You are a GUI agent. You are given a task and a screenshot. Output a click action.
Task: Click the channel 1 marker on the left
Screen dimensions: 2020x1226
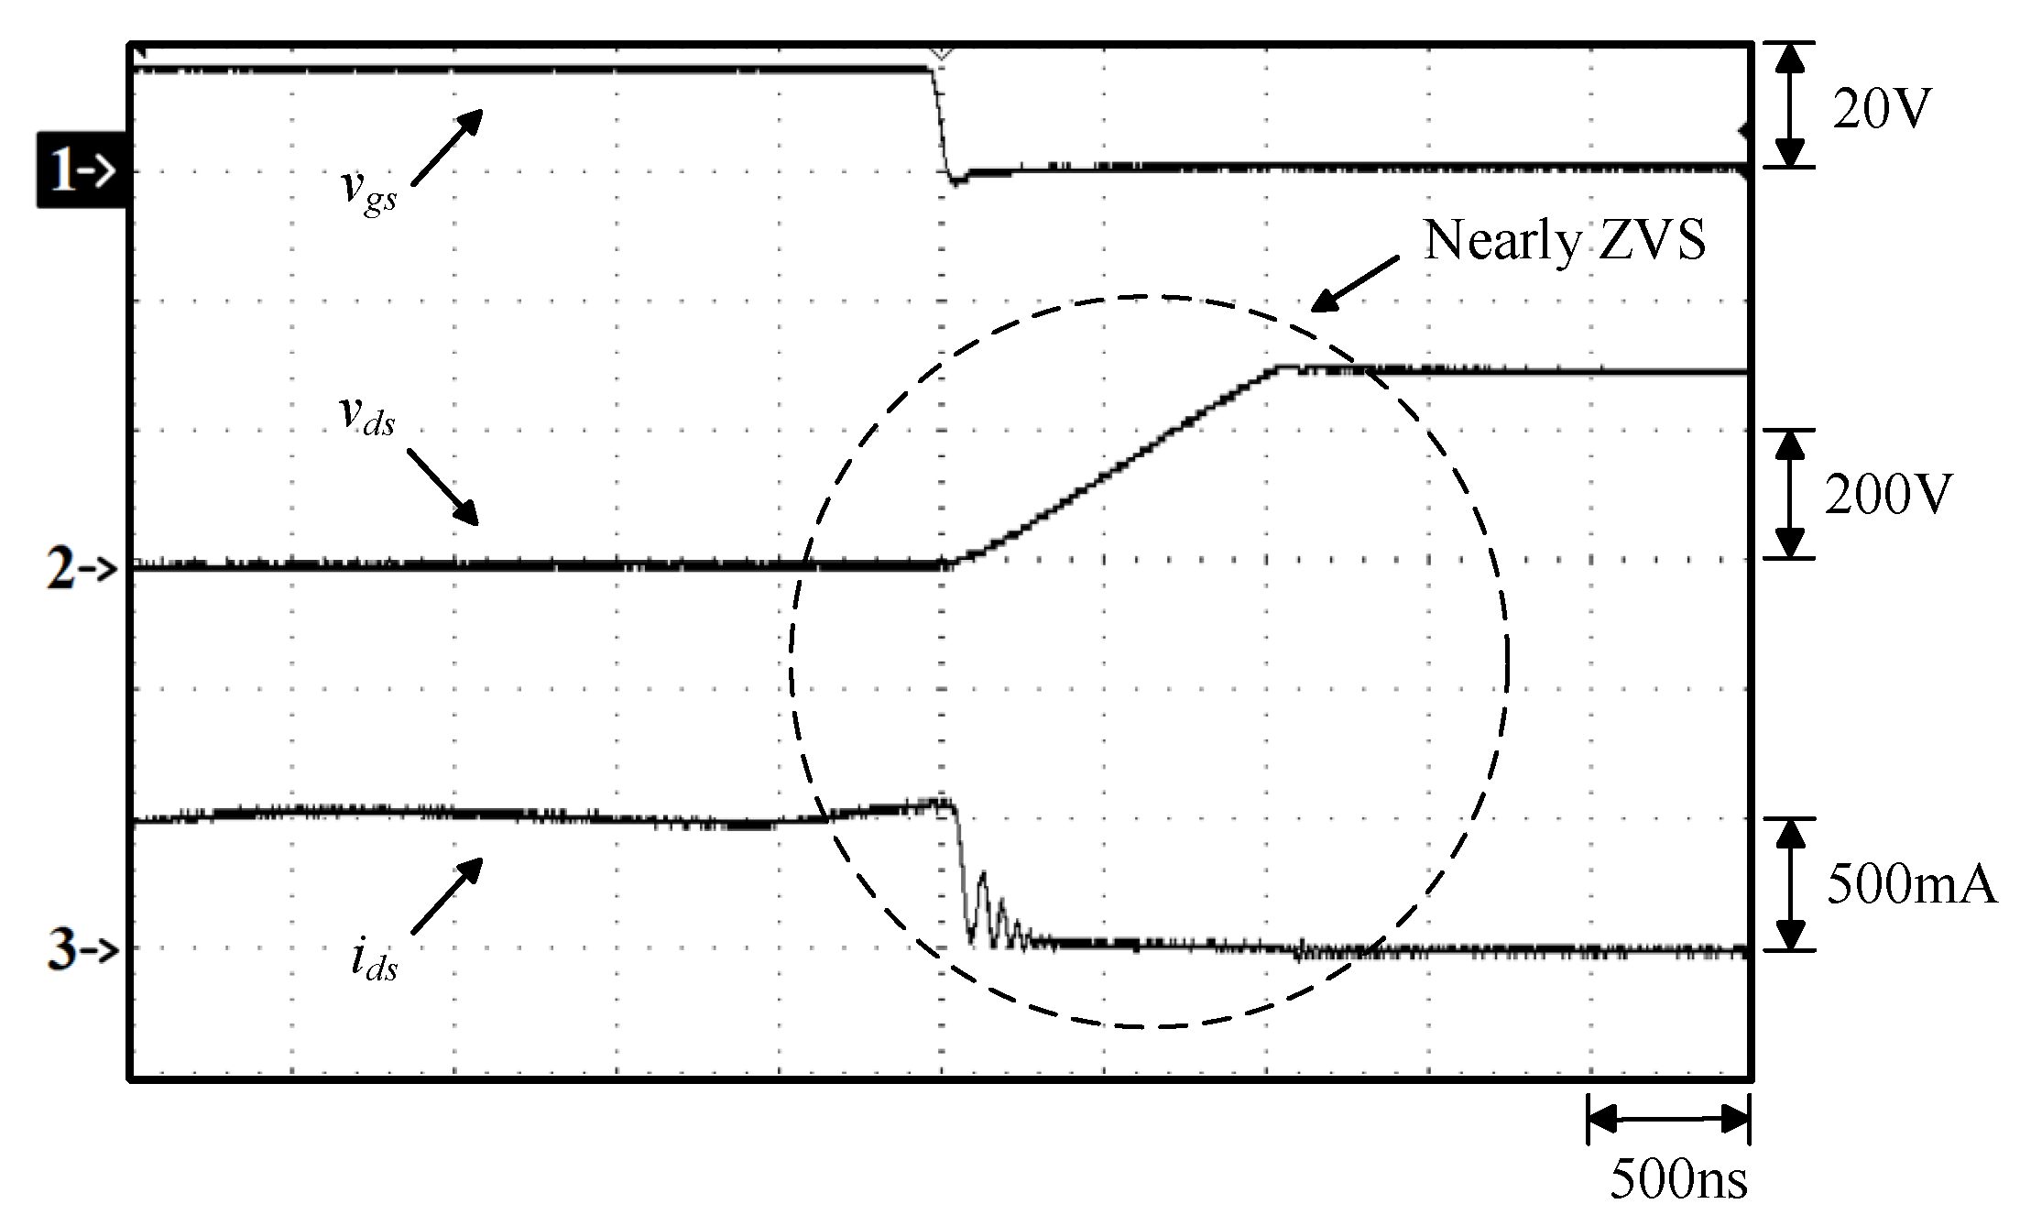point(81,170)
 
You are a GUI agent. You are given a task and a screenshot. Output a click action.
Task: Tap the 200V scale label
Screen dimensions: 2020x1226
point(1888,496)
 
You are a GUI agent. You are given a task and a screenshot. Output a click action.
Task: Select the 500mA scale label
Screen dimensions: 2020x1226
point(1911,886)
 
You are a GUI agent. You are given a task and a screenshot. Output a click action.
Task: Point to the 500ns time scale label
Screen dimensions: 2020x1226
point(1678,1180)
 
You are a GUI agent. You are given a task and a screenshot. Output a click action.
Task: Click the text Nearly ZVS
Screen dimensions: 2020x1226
point(1565,240)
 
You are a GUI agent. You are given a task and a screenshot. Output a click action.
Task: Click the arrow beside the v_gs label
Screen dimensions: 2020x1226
point(445,147)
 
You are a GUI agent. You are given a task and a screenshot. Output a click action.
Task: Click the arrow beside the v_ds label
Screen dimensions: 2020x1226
point(442,487)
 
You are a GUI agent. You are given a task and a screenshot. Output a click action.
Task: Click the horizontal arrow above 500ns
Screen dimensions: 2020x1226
point(1668,1118)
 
